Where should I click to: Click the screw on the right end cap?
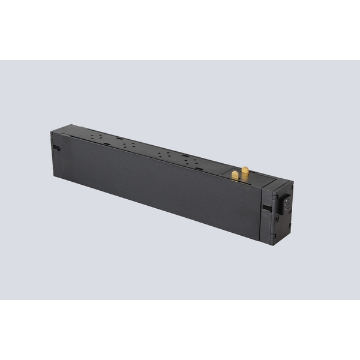coord(277,220)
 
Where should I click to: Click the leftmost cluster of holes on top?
coord(94,137)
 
